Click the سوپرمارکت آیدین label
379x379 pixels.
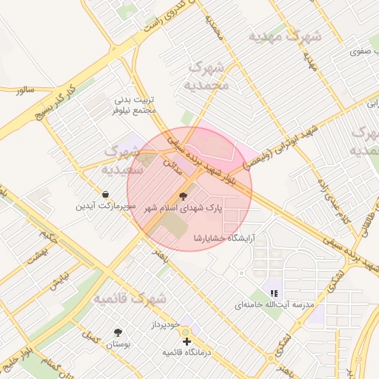point(104,205)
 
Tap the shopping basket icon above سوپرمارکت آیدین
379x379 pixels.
point(107,194)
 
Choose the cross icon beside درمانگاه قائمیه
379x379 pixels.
point(187,341)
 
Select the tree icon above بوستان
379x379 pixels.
point(117,334)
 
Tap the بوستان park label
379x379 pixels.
point(117,345)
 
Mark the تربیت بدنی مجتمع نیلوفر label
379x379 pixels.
point(135,104)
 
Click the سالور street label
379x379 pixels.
point(24,89)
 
